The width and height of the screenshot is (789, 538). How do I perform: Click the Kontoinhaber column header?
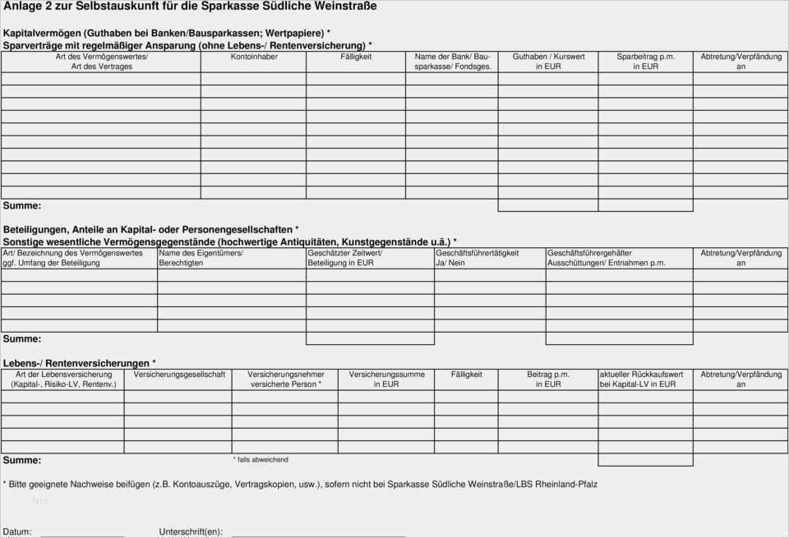click(x=254, y=57)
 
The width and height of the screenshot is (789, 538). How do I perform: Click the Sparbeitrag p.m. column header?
click(x=645, y=62)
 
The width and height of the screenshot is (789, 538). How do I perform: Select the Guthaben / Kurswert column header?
click(x=548, y=62)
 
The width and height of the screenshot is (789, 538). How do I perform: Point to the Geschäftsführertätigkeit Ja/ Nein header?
click(x=477, y=258)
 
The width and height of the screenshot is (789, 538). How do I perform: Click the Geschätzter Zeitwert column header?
click(x=344, y=258)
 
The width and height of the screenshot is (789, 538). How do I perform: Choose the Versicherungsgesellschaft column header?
click(x=179, y=375)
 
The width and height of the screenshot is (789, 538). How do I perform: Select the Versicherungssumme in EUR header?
click(x=386, y=379)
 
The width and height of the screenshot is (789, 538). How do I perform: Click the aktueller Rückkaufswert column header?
click(x=640, y=379)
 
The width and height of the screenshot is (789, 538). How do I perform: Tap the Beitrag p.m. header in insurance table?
click(x=548, y=379)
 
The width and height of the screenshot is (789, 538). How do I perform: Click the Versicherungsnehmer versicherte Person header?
click(x=285, y=379)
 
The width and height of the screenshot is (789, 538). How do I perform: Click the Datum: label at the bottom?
click(x=17, y=531)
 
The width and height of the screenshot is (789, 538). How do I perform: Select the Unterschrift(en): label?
click(x=191, y=531)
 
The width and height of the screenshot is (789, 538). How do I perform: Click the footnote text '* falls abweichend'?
click(x=261, y=460)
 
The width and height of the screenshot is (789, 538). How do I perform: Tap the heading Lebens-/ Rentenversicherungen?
click(x=79, y=363)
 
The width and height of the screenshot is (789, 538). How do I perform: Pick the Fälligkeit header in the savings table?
click(x=356, y=57)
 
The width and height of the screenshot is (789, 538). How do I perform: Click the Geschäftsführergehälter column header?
click(x=606, y=258)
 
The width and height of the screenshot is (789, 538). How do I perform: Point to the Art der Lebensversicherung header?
click(x=63, y=379)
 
